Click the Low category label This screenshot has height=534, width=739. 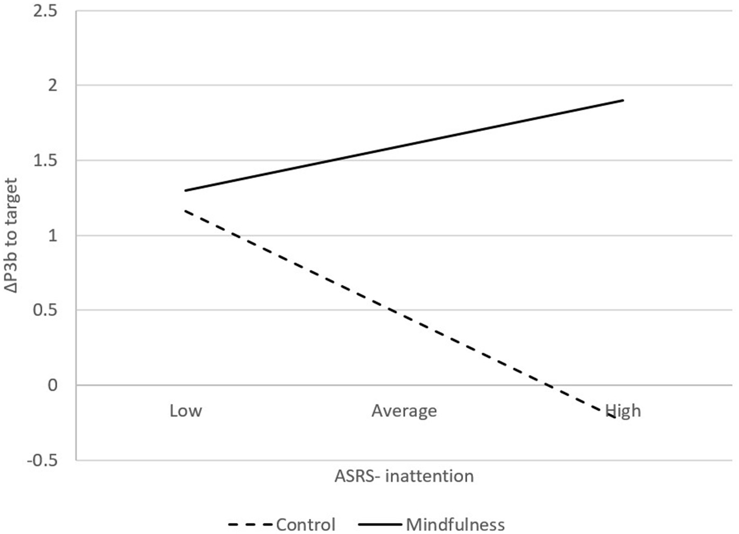[x=185, y=411]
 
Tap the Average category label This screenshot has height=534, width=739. [x=404, y=411]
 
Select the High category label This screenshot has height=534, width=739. [x=623, y=411]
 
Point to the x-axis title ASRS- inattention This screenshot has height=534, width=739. [x=404, y=476]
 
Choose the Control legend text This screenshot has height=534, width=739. [x=306, y=524]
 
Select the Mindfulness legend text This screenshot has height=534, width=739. [x=455, y=524]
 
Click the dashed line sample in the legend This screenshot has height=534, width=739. [x=250, y=524]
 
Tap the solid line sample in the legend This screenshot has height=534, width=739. [x=380, y=524]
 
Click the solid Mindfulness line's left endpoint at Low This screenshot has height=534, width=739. [x=185, y=190]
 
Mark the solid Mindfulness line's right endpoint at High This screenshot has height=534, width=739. [x=623, y=100]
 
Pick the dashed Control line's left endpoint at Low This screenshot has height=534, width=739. [x=185, y=211]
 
